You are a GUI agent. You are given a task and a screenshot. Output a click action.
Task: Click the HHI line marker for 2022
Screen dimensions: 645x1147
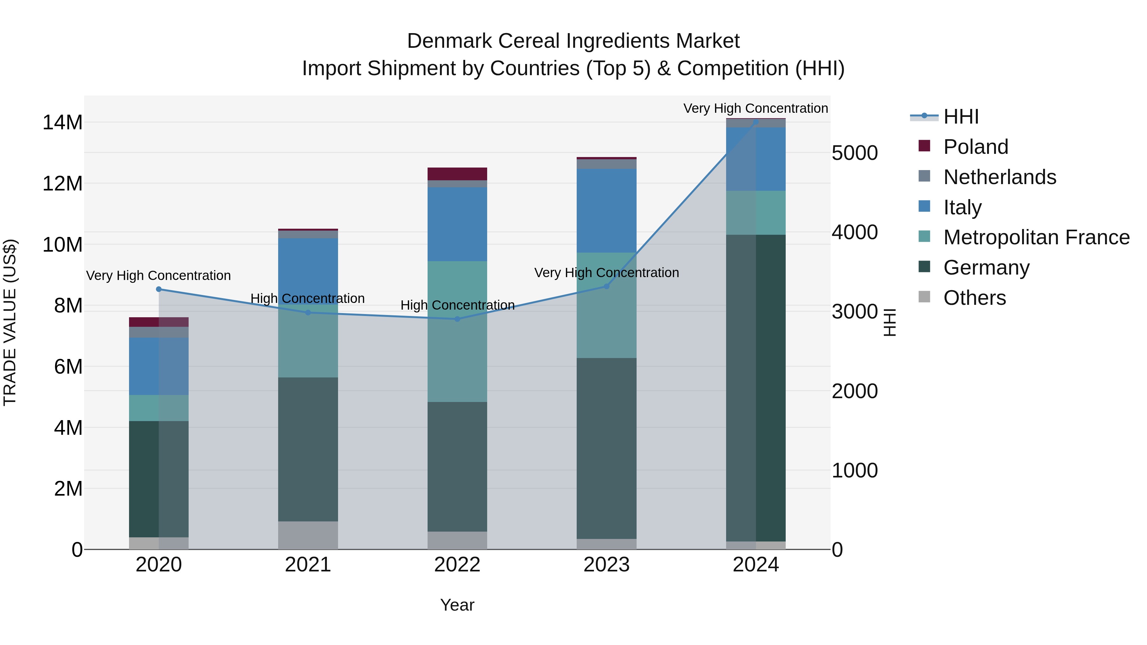tap(457, 319)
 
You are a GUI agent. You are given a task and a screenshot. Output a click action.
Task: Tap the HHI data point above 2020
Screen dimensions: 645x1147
tap(159, 289)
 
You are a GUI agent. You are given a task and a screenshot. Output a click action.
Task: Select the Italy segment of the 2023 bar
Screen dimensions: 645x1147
tap(606, 211)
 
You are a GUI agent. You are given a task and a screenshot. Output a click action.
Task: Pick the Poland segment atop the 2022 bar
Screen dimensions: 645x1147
tap(457, 174)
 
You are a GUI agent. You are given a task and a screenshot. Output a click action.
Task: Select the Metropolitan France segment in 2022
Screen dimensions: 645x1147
tap(457, 331)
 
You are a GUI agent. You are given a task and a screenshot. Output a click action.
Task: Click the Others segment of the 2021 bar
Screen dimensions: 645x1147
tap(308, 535)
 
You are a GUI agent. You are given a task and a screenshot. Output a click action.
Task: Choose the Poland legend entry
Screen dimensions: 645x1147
tap(975, 147)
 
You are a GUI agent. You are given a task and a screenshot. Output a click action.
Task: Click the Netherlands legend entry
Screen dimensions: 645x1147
tap(999, 177)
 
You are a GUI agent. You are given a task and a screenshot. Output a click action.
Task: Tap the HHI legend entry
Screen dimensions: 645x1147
tap(961, 117)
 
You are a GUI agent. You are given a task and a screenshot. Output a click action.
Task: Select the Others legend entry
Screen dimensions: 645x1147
tap(974, 298)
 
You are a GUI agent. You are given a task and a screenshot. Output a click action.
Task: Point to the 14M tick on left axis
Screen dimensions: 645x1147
tap(62, 122)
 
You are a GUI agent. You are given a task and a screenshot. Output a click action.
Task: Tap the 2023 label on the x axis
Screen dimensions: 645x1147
tap(606, 565)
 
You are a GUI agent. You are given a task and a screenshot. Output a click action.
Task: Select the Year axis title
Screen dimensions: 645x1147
tap(457, 605)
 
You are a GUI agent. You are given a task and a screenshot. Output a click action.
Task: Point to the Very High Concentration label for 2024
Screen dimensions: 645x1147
tap(756, 108)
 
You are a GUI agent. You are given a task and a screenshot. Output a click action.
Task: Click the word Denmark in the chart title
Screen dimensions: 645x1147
tap(449, 41)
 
